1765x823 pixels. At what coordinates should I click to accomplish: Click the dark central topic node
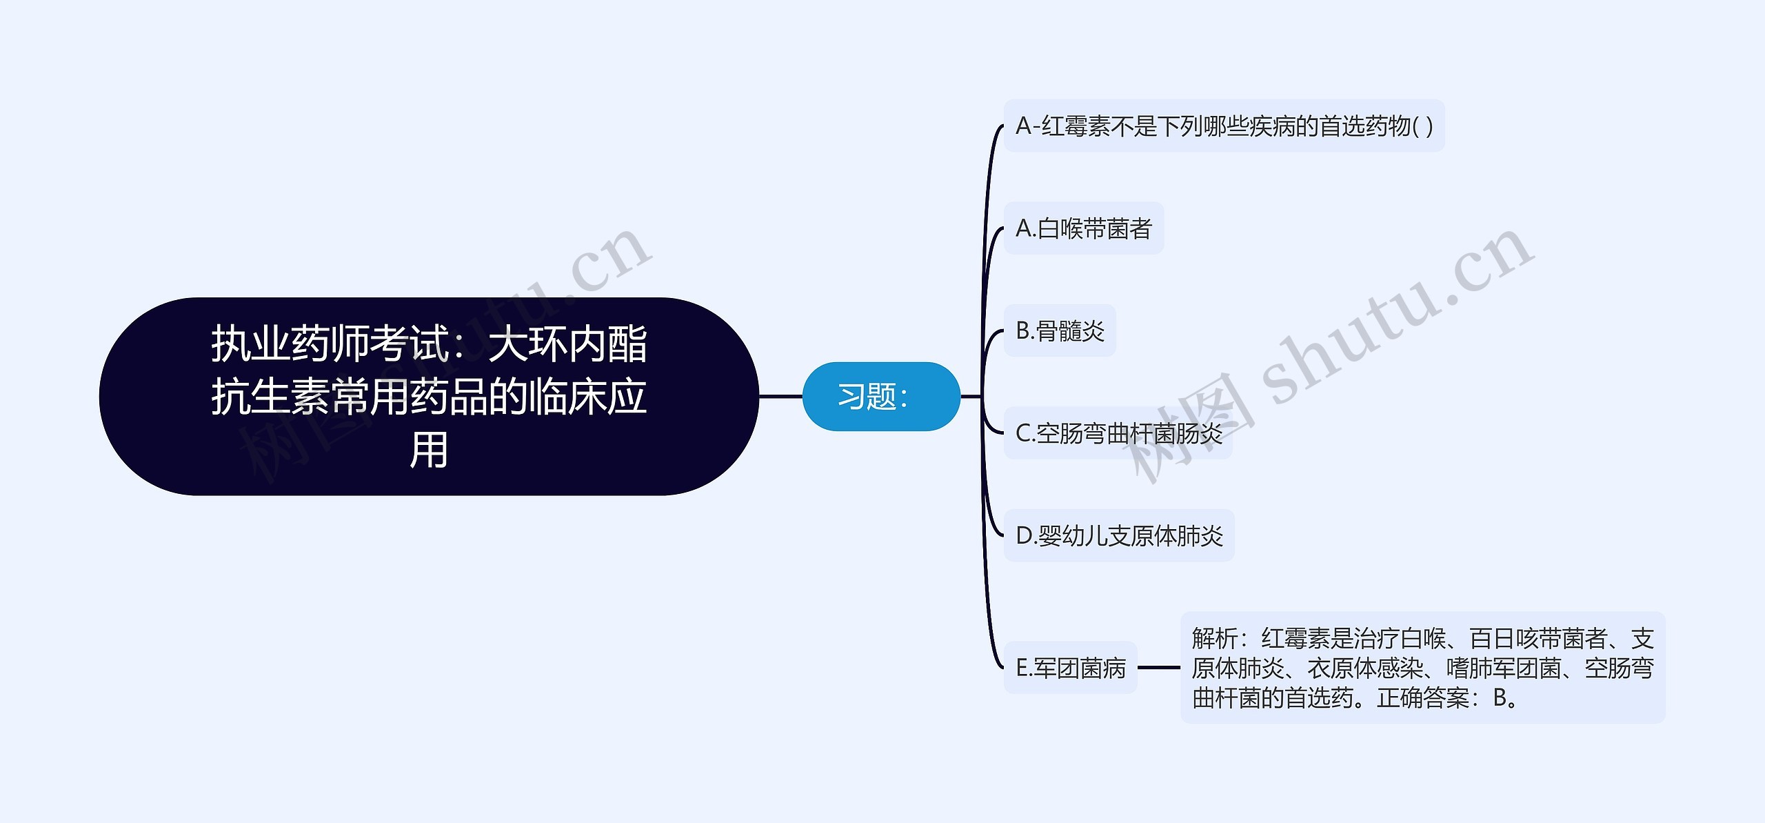tap(429, 396)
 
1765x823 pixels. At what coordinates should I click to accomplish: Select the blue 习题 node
tap(881, 397)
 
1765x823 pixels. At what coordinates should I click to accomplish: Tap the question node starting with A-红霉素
tap(1224, 126)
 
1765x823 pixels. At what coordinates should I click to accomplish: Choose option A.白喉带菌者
tap(1084, 228)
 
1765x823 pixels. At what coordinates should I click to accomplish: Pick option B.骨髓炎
tap(1060, 330)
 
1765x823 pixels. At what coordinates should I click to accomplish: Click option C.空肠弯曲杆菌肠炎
tap(1118, 433)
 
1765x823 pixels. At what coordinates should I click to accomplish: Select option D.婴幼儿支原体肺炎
tap(1119, 535)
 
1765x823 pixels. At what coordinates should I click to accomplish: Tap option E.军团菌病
tap(1070, 668)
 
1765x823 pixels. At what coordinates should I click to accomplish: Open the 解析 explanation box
tap(1422, 668)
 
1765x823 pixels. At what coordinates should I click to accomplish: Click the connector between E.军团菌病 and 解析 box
tap(1159, 668)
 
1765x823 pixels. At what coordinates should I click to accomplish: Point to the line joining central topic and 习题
tap(780, 397)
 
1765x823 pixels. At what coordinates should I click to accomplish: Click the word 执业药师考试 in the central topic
tap(330, 344)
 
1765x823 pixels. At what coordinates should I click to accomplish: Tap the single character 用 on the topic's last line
tap(429, 450)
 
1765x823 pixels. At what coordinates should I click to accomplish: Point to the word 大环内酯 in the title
tap(568, 344)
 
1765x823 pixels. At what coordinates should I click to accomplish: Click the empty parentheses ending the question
tap(1422, 127)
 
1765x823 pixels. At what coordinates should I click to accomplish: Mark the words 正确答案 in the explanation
tap(1423, 697)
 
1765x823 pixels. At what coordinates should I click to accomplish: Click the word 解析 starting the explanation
tap(1215, 638)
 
